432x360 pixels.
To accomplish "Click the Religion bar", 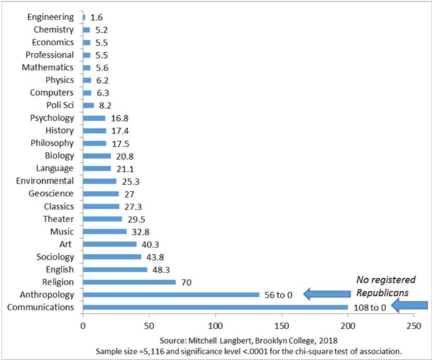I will (x=130, y=282).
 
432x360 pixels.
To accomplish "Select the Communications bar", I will (x=215, y=307).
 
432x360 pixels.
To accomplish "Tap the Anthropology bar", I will (x=171, y=295).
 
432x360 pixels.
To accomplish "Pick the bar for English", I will (x=115, y=269).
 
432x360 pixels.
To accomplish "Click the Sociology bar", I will (x=112, y=257).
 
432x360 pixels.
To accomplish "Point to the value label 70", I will (x=187, y=282).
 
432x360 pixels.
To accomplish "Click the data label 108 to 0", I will (x=368, y=307).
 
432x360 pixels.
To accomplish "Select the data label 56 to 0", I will (x=280, y=295).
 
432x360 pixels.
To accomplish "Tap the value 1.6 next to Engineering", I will (x=96, y=18).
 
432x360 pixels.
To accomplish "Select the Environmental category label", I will (x=46, y=181).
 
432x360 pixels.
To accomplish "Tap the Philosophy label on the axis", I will (x=52, y=143).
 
